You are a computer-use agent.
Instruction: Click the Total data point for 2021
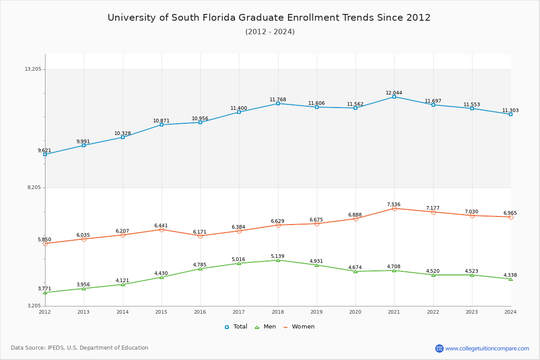pos(394,97)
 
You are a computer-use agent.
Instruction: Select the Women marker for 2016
pos(200,236)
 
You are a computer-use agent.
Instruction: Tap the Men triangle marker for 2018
pos(278,260)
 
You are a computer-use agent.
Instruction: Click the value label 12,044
pos(394,93)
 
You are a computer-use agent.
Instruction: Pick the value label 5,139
pos(277,256)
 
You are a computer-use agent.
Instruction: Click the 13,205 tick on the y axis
pos(33,69)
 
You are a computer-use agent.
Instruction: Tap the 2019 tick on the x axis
pos(316,312)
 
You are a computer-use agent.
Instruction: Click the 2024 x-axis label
pos(510,312)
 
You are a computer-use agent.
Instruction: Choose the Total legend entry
pos(236,327)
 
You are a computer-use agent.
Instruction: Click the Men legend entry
pos(265,327)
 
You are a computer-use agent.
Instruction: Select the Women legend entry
pos(299,327)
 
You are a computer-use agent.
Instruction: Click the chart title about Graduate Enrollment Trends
pos(269,18)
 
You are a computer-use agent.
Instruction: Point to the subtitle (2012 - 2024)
pos(270,31)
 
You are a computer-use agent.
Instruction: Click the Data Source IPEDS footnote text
pos(80,348)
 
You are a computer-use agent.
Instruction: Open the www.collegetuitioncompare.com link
pos(487,348)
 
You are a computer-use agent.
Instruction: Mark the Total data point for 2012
pos(45,154)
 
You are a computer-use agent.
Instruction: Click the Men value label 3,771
pos(45,289)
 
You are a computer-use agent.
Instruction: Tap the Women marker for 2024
pos(511,217)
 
